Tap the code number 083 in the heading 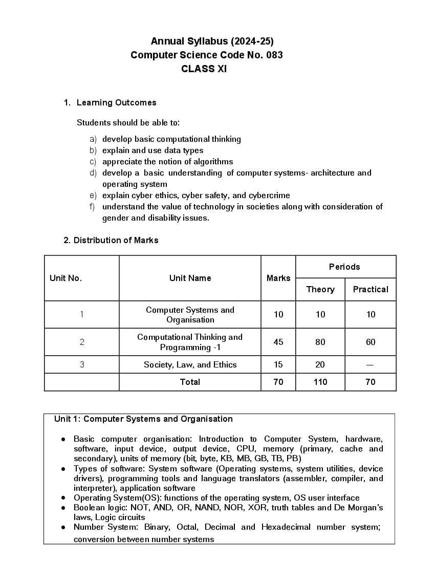click(x=274, y=55)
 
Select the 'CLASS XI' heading click(x=204, y=69)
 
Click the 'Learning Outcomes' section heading click(x=116, y=102)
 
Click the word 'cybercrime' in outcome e click(x=269, y=196)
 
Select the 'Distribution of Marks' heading click(x=116, y=240)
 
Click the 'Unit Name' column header click(x=190, y=278)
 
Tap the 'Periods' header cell click(x=344, y=267)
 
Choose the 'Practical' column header click(x=371, y=289)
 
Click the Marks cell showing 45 click(x=278, y=342)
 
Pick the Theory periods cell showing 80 click(x=320, y=342)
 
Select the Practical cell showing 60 click(x=371, y=342)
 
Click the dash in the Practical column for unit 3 click(x=371, y=365)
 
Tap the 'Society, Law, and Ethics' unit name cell click(x=190, y=365)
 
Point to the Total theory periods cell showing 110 click(x=320, y=382)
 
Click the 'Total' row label click(x=190, y=382)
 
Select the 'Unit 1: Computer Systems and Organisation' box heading click(x=143, y=419)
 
